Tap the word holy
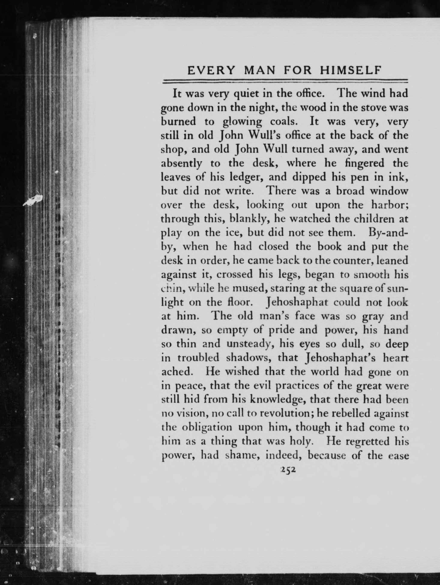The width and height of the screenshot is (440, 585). tap(297, 441)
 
